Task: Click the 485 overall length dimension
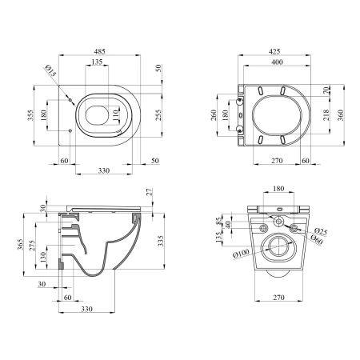tap(99, 51)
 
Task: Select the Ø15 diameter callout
tap(51, 70)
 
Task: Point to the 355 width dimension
tap(31, 115)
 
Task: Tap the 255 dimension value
tap(158, 115)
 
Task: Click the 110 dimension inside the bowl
tap(114, 116)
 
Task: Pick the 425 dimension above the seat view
tap(274, 51)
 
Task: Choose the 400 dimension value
tap(277, 62)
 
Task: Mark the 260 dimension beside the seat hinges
tap(214, 115)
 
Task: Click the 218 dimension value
tap(326, 115)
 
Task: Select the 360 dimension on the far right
tap(341, 115)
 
